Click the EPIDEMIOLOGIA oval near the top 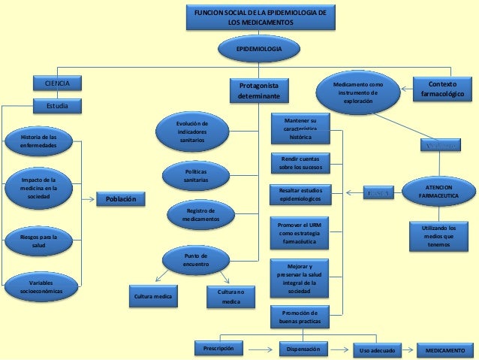[259, 48]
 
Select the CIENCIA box [57, 83]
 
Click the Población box [121, 199]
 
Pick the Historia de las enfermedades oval [37, 141]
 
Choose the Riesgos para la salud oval [37, 241]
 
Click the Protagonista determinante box [258, 91]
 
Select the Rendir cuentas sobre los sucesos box [299, 163]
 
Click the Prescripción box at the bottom [218, 348]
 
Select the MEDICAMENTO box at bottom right [444, 349]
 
